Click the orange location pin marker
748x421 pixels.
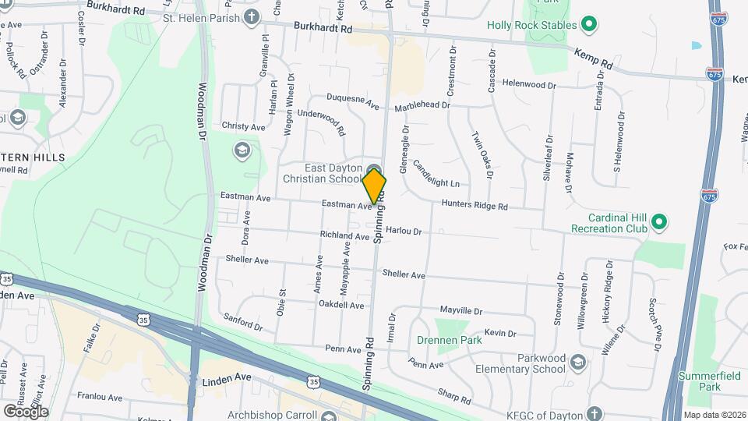(x=374, y=186)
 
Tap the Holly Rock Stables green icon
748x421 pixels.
(x=590, y=25)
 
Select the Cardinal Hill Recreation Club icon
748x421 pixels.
(x=659, y=223)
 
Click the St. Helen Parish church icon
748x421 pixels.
(x=251, y=16)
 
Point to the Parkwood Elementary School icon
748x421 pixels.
(x=577, y=362)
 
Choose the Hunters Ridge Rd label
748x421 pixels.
(x=475, y=206)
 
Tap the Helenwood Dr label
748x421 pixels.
(x=529, y=84)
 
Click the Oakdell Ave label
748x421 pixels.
(x=342, y=306)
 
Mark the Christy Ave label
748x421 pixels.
(x=243, y=126)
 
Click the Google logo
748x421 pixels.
(x=25, y=411)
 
